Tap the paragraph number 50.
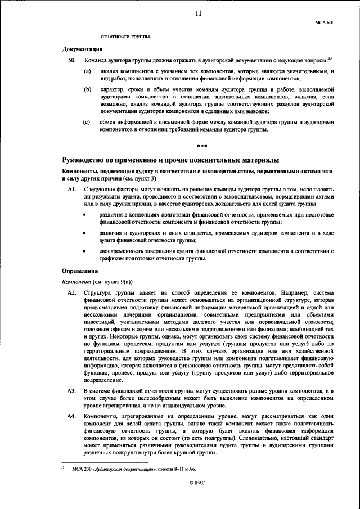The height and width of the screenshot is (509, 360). click(71, 59)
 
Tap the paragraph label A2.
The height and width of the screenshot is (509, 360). click(71, 293)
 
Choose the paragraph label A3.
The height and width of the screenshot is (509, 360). click(71, 390)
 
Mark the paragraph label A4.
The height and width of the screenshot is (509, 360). click(71, 416)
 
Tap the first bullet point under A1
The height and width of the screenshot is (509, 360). click(84, 215)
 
